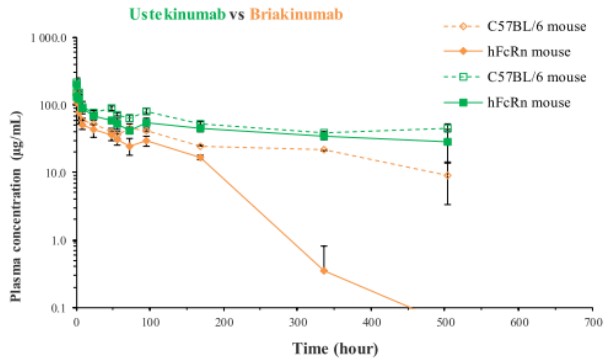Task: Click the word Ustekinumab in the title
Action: [x=177, y=15]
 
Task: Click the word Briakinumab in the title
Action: [x=297, y=15]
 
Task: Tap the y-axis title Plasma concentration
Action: [x=16, y=206]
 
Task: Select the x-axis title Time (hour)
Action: [x=335, y=348]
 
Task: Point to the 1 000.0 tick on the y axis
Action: [x=50, y=38]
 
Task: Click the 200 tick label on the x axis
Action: [x=224, y=322]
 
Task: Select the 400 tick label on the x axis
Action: [x=371, y=322]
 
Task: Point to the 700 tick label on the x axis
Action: [x=593, y=322]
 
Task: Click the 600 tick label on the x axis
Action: [x=519, y=322]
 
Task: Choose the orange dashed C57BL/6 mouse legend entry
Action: [x=515, y=26]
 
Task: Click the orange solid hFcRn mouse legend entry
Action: [x=507, y=52]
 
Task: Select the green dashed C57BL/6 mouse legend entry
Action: [x=515, y=77]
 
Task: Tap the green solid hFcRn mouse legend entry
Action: [x=507, y=102]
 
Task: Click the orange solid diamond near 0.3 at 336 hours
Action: [x=324, y=271]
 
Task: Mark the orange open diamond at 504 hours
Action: [x=447, y=175]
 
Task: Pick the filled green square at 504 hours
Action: [x=447, y=142]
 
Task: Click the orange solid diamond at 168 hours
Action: [x=200, y=157]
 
